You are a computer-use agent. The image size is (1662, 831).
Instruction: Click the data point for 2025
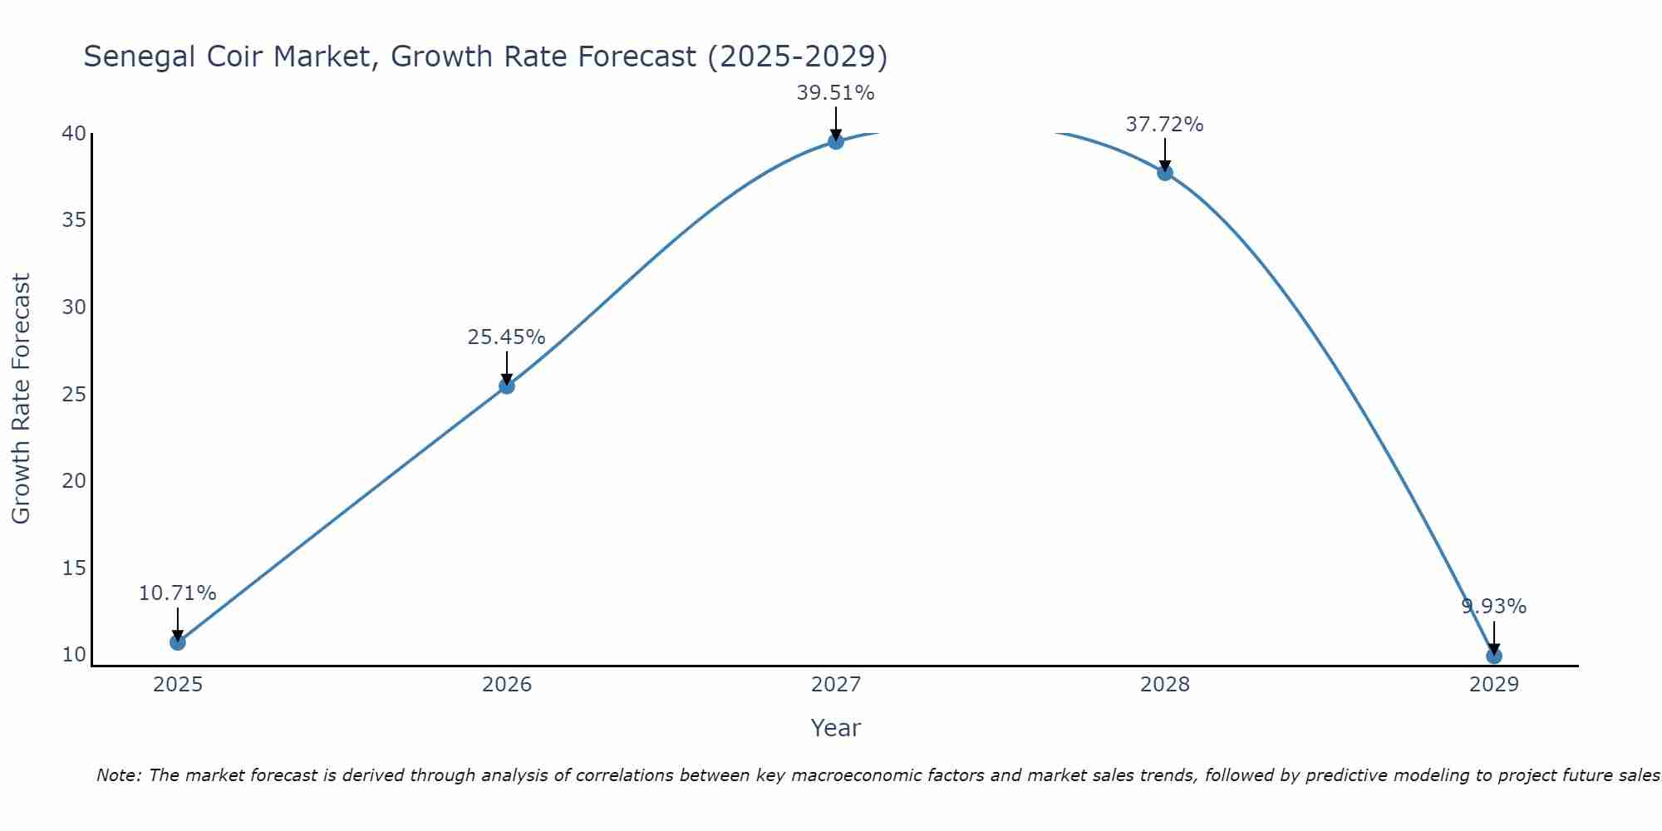tap(177, 642)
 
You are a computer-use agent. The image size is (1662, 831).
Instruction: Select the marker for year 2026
tap(506, 386)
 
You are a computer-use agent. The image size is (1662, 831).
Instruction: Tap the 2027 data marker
tap(835, 141)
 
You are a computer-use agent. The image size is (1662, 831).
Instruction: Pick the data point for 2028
tap(1164, 173)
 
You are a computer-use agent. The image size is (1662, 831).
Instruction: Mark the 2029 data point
tap(1493, 656)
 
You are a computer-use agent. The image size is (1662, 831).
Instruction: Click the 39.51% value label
tap(835, 93)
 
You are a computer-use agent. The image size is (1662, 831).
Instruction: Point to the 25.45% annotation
tap(506, 337)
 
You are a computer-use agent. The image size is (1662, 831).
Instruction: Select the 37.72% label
tap(1164, 125)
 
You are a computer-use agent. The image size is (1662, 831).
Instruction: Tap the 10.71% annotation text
tap(177, 593)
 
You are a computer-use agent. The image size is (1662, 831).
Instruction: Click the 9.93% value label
tap(1493, 607)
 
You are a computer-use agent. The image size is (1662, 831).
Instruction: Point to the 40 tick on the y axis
tap(74, 134)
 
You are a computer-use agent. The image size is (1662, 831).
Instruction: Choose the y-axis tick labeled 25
tap(74, 394)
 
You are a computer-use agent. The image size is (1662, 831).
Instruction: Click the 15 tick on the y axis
tap(74, 568)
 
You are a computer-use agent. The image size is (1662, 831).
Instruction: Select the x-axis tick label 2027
tap(835, 685)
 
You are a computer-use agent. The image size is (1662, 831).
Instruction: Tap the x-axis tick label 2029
tap(1493, 685)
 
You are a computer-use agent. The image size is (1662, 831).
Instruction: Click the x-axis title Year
tap(835, 728)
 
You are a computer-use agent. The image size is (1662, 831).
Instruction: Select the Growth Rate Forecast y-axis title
tap(21, 399)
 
